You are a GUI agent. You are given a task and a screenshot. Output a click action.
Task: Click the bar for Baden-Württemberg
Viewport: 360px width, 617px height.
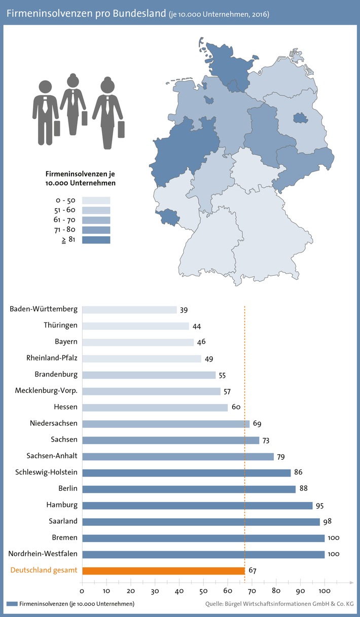tap(129, 310)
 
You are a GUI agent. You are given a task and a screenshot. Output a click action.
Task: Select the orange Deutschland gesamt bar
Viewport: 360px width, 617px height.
tap(163, 570)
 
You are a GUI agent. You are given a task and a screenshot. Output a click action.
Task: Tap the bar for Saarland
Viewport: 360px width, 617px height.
tap(201, 522)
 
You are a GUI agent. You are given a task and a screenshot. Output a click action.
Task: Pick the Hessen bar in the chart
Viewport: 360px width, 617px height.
tap(155, 407)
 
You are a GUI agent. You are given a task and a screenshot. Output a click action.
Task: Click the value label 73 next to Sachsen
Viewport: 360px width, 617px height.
tap(267, 440)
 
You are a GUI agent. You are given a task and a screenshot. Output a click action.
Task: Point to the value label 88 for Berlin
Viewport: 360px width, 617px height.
tap(303, 489)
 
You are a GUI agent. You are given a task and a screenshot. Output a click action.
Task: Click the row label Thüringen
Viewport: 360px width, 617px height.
tap(60, 326)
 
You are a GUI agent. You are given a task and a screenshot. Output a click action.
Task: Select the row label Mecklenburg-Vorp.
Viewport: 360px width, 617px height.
tap(46, 391)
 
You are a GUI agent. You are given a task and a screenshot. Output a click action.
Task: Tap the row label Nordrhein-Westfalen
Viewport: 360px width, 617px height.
tap(43, 554)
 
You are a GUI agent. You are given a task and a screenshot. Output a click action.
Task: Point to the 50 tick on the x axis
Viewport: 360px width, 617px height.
tap(203, 591)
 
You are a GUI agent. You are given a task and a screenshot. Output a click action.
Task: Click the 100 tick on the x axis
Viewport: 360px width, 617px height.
tap(325, 591)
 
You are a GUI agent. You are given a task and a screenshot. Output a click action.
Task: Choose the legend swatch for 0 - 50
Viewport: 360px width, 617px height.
tap(96, 200)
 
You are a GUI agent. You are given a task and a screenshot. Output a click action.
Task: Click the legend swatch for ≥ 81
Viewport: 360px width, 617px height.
tap(96, 240)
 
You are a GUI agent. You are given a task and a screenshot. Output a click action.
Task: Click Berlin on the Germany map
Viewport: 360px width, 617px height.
tap(301, 118)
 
